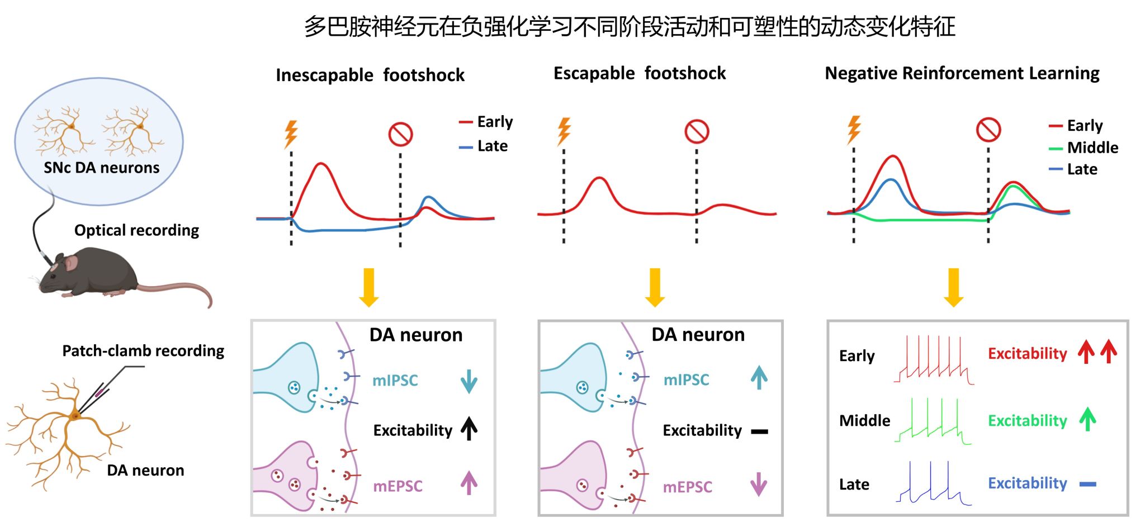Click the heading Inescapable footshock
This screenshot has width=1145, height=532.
pos(370,75)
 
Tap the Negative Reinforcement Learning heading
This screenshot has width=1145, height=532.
pos(962,73)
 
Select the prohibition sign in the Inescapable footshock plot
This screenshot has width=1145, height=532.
pos(400,134)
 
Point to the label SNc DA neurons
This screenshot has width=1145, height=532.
pos(101,168)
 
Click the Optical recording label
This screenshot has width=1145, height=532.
pos(136,230)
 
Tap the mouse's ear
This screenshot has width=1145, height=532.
pos(72,263)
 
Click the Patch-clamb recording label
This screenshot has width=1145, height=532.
pos(143,351)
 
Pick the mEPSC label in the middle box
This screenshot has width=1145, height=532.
pos(687,487)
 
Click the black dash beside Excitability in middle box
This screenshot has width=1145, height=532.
pos(759,431)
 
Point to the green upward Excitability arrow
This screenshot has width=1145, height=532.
pos(1087,419)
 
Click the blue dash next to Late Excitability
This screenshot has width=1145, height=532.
pos(1087,484)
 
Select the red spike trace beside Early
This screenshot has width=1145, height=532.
pos(934,360)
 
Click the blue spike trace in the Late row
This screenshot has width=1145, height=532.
pos(933,484)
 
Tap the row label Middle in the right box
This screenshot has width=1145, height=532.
pos(864,420)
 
